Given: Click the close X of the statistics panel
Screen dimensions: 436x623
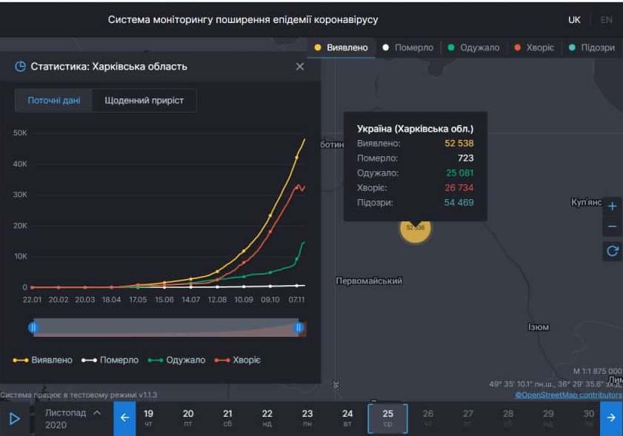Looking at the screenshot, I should [299, 67].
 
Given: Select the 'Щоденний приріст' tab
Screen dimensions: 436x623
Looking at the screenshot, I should [144, 101].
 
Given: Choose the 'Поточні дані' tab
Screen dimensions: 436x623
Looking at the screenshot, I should [54, 101].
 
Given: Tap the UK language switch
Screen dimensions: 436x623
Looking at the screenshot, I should [574, 20].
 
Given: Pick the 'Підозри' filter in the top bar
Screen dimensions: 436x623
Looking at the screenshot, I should [597, 47].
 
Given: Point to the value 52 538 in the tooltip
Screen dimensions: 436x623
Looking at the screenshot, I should [459, 144].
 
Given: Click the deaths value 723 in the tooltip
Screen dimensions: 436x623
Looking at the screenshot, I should [465, 158].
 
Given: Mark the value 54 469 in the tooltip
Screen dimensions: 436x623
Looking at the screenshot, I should [459, 203].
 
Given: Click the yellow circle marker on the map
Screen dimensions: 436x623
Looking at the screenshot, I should [415, 228].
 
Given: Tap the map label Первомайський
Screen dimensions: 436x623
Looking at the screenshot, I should [369, 281].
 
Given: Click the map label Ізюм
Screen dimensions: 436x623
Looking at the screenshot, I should [538, 327].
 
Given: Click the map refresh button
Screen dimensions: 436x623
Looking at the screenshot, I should [612, 251].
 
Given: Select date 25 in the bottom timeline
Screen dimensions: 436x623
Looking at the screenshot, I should [387, 418].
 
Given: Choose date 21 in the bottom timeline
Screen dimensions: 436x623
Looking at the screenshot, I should [227, 418].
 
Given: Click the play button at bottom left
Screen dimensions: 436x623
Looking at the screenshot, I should [14, 418].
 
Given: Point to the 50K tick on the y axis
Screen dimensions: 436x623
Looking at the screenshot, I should [20, 133].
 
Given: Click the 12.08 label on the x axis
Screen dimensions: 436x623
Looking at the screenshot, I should [217, 300].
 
